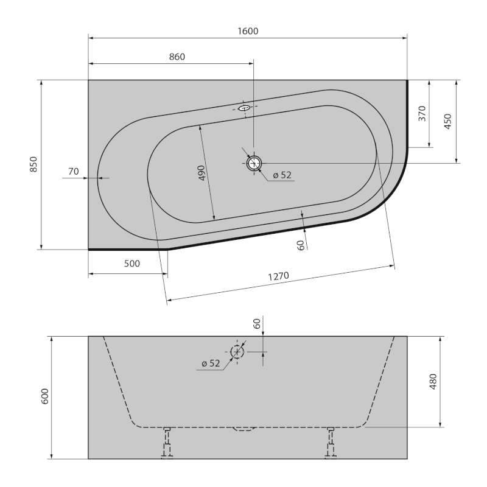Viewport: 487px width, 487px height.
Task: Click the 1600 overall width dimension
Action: point(248,30)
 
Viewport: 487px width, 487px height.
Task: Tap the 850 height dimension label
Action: point(33,165)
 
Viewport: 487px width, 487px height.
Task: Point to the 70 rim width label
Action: point(73,172)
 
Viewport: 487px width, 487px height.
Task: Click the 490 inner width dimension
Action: point(201,173)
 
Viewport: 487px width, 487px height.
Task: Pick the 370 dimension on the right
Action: point(422,113)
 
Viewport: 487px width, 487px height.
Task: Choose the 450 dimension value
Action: point(449,122)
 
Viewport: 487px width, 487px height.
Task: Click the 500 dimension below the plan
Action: point(131,264)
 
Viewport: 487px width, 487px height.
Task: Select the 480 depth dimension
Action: point(432,380)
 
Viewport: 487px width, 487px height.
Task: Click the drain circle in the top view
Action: point(254,163)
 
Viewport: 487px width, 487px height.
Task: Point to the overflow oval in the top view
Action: point(244,108)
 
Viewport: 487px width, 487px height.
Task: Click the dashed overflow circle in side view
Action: point(237,352)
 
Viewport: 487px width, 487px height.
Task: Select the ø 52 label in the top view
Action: point(281,175)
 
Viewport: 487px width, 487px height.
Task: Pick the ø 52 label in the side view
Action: point(210,363)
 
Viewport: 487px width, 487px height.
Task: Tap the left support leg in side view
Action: point(166,443)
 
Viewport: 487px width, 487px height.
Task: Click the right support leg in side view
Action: point(331,443)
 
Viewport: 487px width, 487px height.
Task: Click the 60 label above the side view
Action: point(257,324)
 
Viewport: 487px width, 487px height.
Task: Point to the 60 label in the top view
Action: point(300,245)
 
